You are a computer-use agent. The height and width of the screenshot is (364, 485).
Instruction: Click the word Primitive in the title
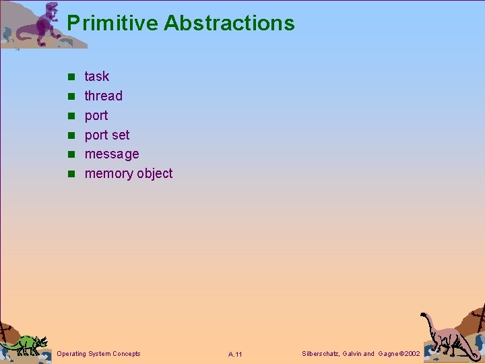[112, 24]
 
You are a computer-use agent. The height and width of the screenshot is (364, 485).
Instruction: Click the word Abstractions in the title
[229, 24]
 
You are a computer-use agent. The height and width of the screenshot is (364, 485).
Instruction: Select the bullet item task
[96, 76]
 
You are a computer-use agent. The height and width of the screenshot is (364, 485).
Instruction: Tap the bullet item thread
[103, 96]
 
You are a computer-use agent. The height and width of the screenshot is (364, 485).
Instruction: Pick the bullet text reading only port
[96, 116]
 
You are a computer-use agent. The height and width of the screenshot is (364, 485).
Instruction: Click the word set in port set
[120, 135]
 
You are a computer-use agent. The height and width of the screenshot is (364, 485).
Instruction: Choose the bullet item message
[111, 154]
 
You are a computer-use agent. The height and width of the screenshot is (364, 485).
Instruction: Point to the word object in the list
[154, 174]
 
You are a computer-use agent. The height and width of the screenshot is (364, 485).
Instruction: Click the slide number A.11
[235, 354]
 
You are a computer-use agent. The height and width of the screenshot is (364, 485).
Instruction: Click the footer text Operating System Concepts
[99, 353]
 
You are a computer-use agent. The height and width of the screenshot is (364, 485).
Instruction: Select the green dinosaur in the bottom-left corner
[26, 343]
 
